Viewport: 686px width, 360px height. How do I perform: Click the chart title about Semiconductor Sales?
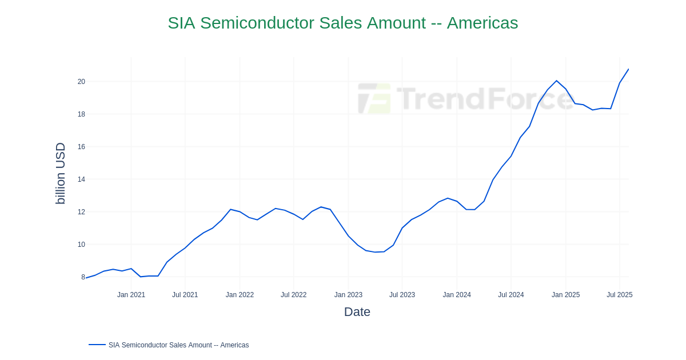coord(343,23)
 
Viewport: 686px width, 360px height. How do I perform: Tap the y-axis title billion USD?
coord(60,173)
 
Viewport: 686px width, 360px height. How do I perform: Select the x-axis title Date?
coord(357,312)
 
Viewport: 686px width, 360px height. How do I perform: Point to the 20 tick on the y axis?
coord(81,82)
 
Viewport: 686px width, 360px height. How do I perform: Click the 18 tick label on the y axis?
coord(81,114)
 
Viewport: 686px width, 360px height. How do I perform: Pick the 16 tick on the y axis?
coord(81,147)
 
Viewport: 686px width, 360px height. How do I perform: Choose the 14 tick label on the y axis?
coord(81,179)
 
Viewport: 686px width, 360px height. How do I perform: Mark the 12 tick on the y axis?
coord(81,212)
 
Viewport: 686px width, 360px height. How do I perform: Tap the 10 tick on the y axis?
coord(81,245)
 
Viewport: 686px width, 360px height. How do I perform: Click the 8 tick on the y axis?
coord(83,277)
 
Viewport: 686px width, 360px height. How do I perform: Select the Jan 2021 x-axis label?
coord(131,295)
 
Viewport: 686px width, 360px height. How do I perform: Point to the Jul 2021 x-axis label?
coord(185,295)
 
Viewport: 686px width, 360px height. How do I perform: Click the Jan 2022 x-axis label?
coord(240,295)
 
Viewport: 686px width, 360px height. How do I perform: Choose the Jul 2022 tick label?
coord(293,295)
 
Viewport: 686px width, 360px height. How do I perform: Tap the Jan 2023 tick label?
coord(348,295)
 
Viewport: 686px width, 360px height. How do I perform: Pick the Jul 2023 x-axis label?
coord(402,295)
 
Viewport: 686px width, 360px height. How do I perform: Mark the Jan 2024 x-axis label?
coord(457,295)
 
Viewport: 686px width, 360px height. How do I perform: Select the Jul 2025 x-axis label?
coord(619,295)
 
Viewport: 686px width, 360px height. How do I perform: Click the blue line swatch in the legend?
coord(97,345)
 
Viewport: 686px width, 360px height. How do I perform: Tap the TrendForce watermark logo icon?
coord(374,98)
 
